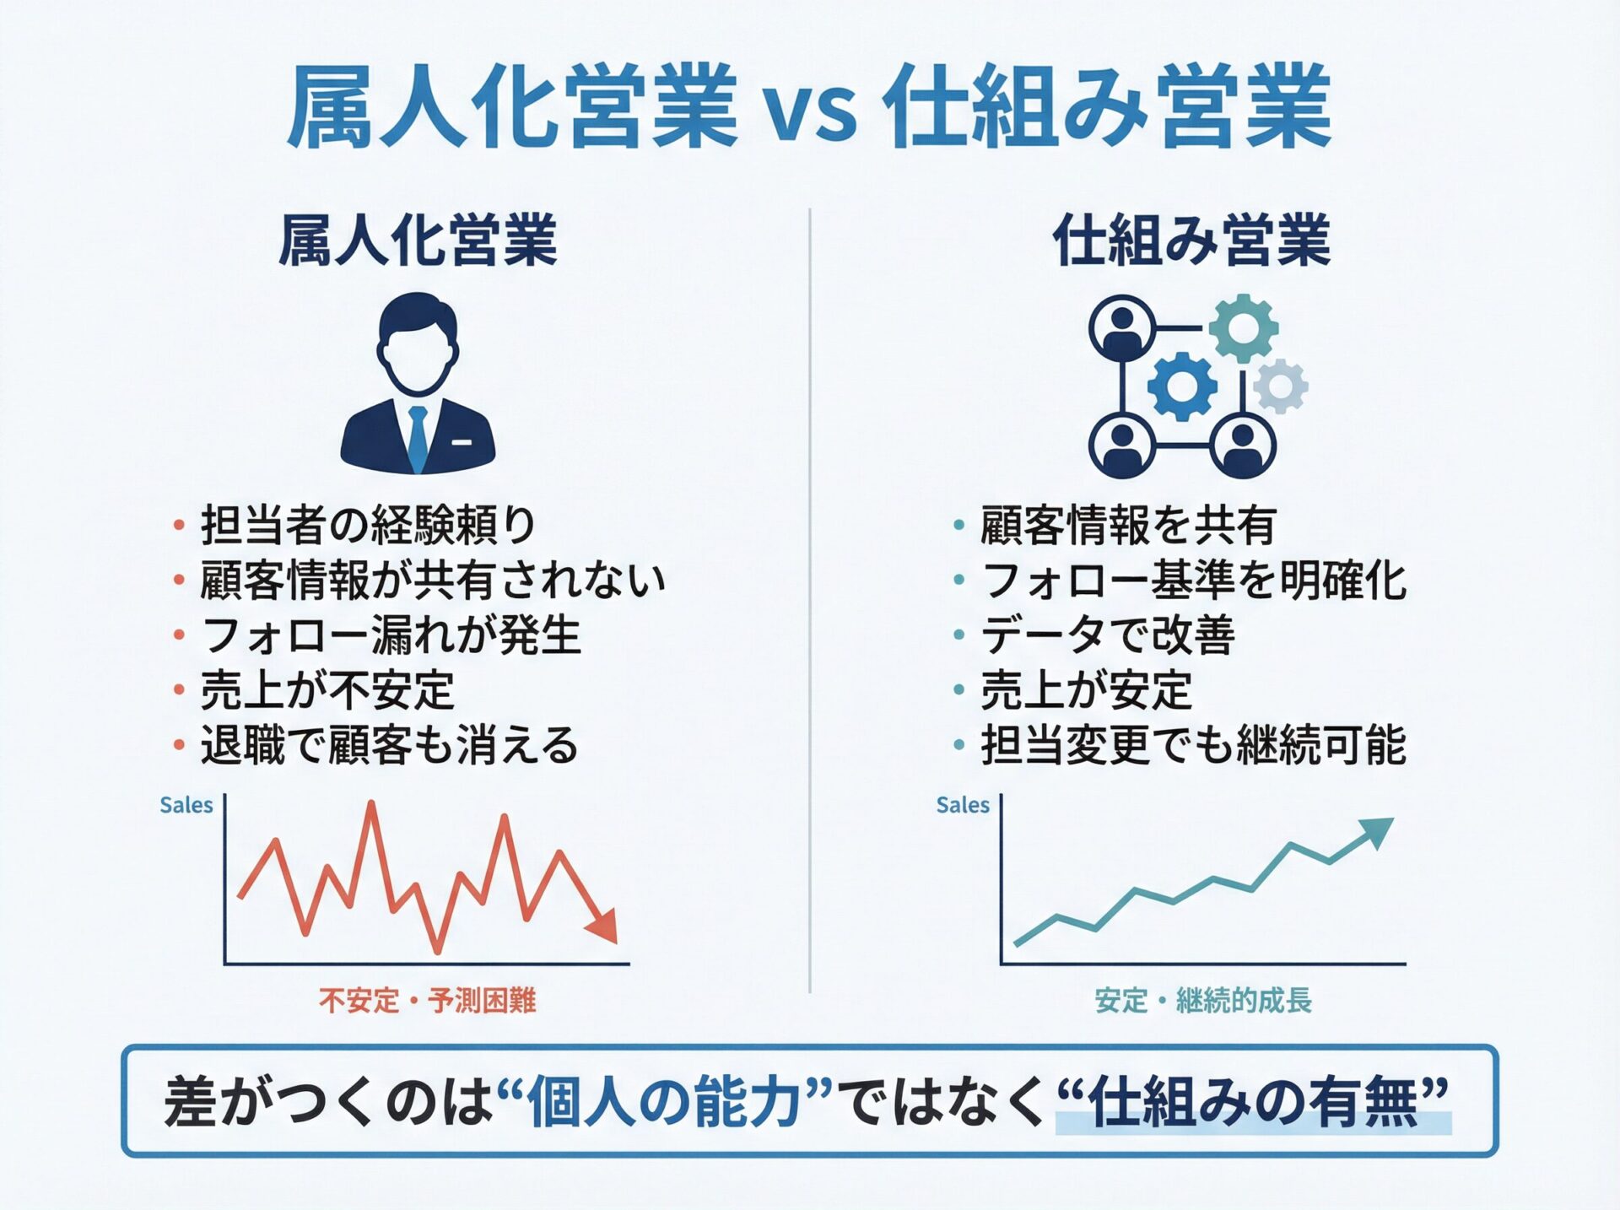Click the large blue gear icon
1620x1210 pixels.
(1182, 386)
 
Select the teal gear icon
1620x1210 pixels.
(1244, 327)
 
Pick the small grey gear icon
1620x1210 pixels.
(1281, 386)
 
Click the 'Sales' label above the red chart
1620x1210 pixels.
(186, 805)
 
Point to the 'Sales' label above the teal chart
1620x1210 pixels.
(963, 805)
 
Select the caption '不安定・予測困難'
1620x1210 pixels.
(428, 1001)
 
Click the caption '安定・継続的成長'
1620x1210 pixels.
(1203, 1001)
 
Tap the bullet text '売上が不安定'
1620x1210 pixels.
(327, 690)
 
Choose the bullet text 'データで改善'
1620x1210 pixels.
(1108, 635)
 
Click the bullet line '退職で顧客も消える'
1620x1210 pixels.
(389, 745)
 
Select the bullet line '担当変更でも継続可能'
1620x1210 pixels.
(1193, 745)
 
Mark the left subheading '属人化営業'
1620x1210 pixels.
(418, 240)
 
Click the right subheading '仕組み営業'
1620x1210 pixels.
(1191, 240)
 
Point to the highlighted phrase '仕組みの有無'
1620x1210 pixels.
(1254, 1101)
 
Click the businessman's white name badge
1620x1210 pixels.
(462, 442)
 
